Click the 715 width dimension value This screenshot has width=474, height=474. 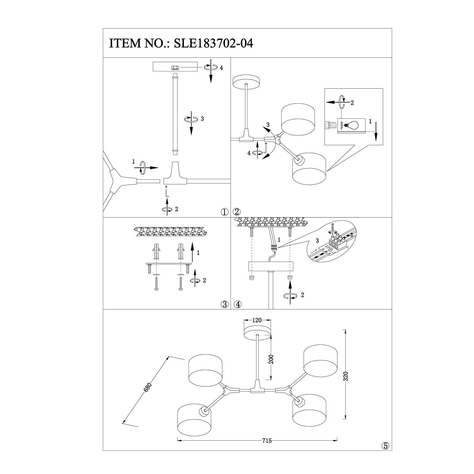tap(267, 441)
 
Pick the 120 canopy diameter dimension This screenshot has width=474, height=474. tap(258, 320)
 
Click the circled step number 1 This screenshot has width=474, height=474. tap(225, 212)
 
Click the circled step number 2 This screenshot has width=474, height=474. tap(237, 212)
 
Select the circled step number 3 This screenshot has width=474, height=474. tap(225, 304)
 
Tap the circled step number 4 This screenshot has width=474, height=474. tap(237, 304)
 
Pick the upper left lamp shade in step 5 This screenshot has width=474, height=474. tap(206, 371)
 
